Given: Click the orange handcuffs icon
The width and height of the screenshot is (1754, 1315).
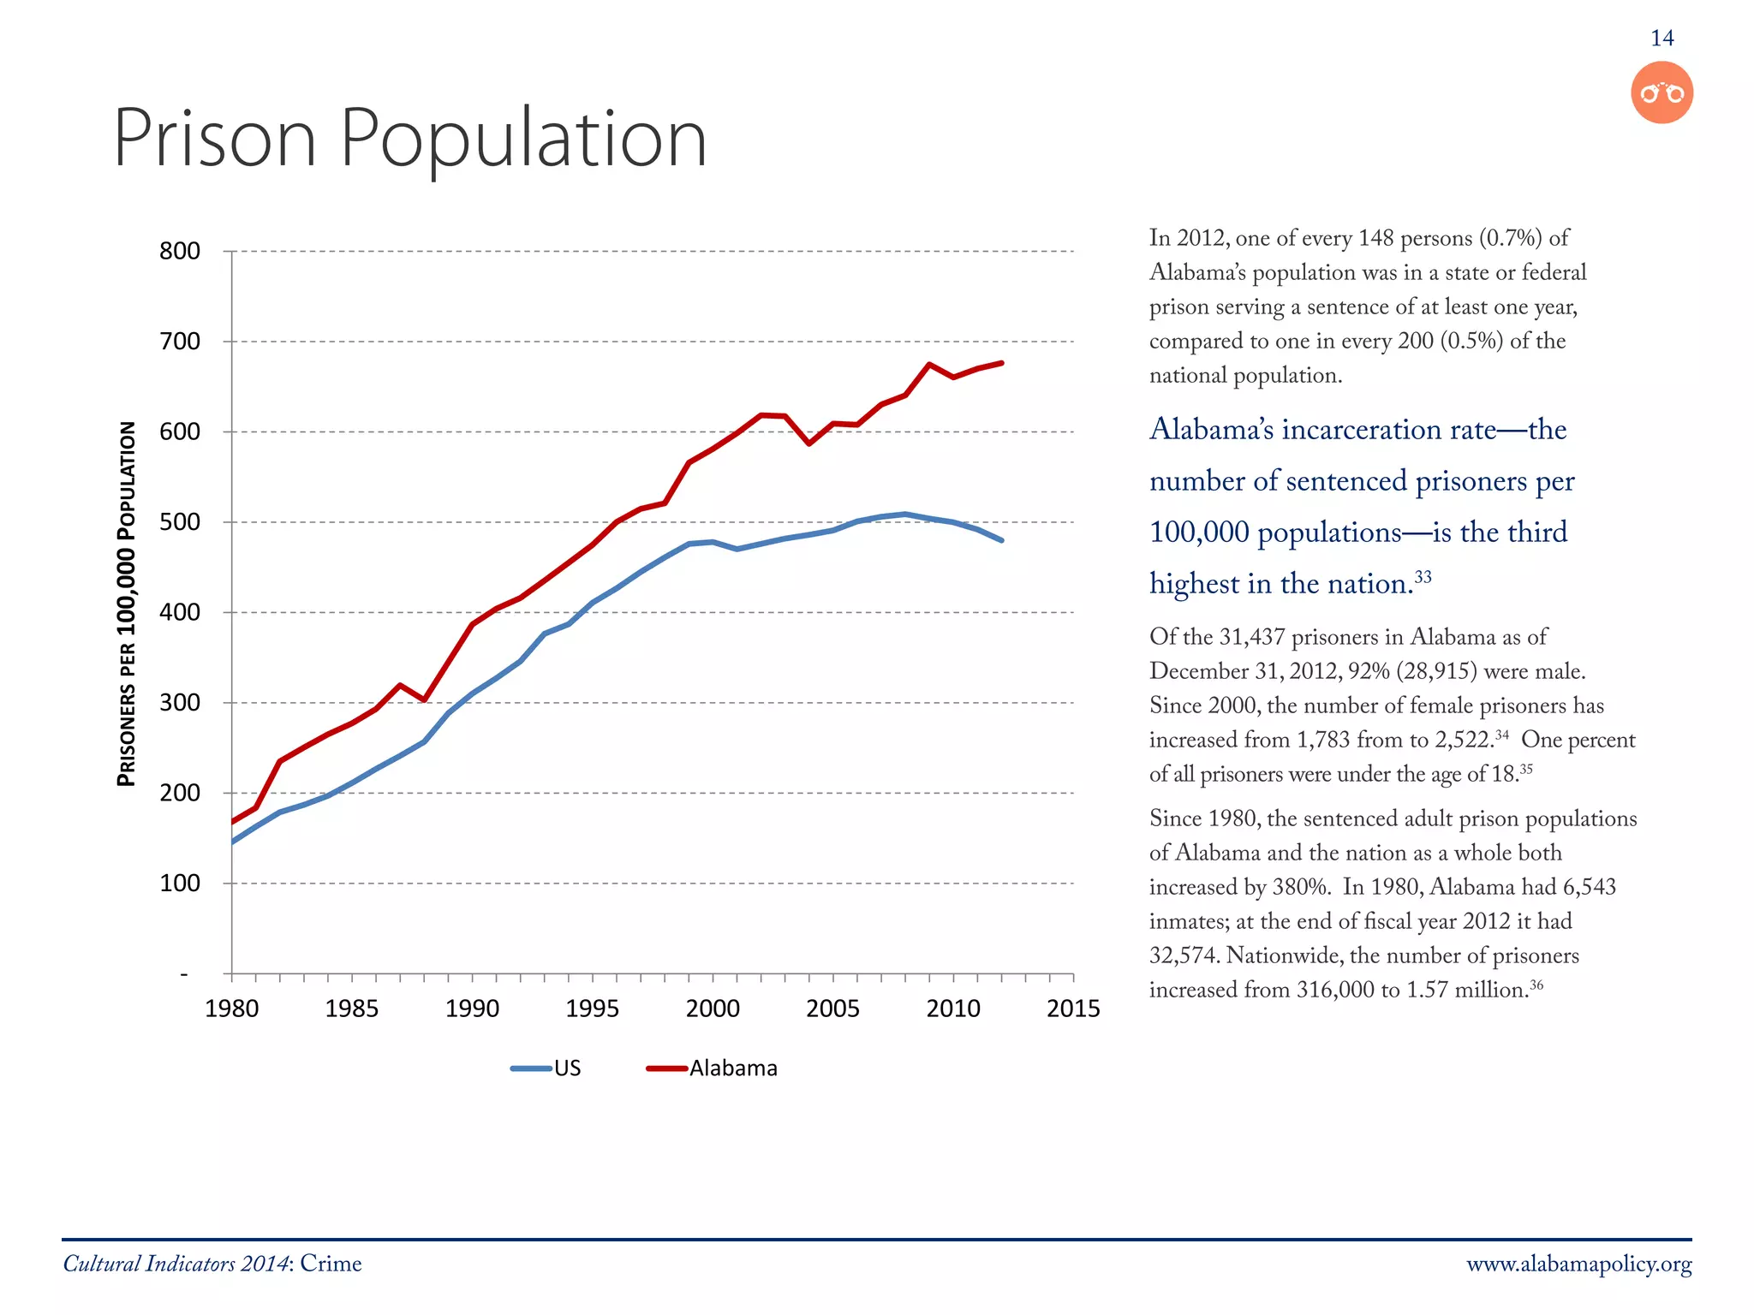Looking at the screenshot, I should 1662,92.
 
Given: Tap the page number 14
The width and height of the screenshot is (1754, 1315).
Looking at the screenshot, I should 1662,39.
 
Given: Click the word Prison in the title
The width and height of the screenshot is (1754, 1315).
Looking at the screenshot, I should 214,139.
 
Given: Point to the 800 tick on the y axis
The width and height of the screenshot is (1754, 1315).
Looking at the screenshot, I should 180,252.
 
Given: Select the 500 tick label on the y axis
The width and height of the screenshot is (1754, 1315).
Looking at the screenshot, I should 180,522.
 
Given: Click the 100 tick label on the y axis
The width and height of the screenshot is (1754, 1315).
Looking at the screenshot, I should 180,884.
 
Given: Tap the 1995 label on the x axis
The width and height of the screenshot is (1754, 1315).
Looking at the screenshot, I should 592,1009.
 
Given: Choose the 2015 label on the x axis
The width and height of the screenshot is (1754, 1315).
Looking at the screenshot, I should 1072,1009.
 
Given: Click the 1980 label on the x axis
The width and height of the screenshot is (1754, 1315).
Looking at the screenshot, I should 231,1009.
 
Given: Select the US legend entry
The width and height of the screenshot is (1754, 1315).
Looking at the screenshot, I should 548,1068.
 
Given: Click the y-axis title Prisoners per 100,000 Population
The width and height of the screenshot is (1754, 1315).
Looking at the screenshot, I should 127,604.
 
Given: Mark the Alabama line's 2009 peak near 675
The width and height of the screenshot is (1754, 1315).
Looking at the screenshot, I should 929,365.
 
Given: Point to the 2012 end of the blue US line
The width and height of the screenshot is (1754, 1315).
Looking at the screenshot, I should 1001,540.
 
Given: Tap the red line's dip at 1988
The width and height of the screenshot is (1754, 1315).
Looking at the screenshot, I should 424,699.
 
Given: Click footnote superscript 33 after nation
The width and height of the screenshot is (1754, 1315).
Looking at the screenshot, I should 1423,576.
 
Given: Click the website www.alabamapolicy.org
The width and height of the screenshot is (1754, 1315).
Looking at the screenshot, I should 1578,1264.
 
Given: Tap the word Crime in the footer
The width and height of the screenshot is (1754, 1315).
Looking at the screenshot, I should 331,1264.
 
